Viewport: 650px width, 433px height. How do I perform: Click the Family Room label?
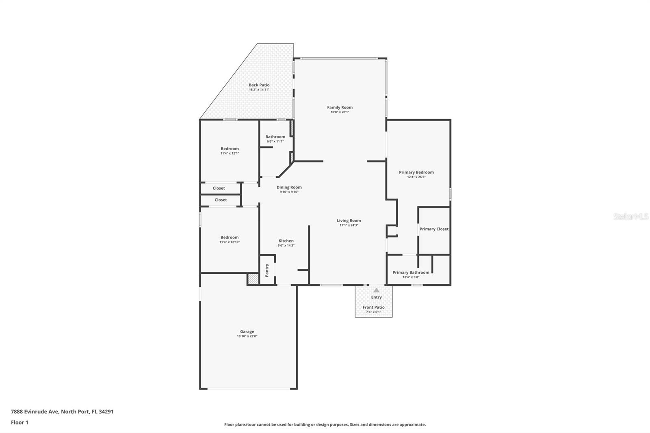point(340,108)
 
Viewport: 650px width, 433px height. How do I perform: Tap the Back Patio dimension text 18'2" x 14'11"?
point(259,89)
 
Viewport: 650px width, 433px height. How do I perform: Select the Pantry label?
point(267,270)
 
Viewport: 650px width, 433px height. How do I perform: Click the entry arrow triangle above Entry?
point(377,290)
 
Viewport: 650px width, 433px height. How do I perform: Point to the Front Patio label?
point(373,307)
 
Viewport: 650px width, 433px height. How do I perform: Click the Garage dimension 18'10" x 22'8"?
point(247,336)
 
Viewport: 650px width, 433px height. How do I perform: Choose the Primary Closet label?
point(434,229)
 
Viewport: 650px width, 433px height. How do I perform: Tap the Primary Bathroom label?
point(411,273)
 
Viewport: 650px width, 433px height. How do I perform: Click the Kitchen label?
point(286,241)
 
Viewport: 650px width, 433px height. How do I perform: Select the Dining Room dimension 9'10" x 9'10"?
point(289,192)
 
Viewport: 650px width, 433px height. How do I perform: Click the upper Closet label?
point(219,188)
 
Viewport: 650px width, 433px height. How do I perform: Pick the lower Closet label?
point(221,200)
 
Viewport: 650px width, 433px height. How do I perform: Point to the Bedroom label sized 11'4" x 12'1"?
point(230,149)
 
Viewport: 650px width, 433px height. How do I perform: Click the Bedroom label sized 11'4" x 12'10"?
point(230,237)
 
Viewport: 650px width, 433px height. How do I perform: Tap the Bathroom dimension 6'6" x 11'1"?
point(275,141)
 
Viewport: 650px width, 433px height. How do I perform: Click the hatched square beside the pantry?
point(253,279)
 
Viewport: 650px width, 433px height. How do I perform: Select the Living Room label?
point(349,221)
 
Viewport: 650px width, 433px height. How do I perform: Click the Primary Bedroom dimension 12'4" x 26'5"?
point(416,177)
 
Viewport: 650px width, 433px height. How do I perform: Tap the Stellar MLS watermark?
point(631,217)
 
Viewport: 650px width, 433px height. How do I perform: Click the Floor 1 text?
point(19,422)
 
